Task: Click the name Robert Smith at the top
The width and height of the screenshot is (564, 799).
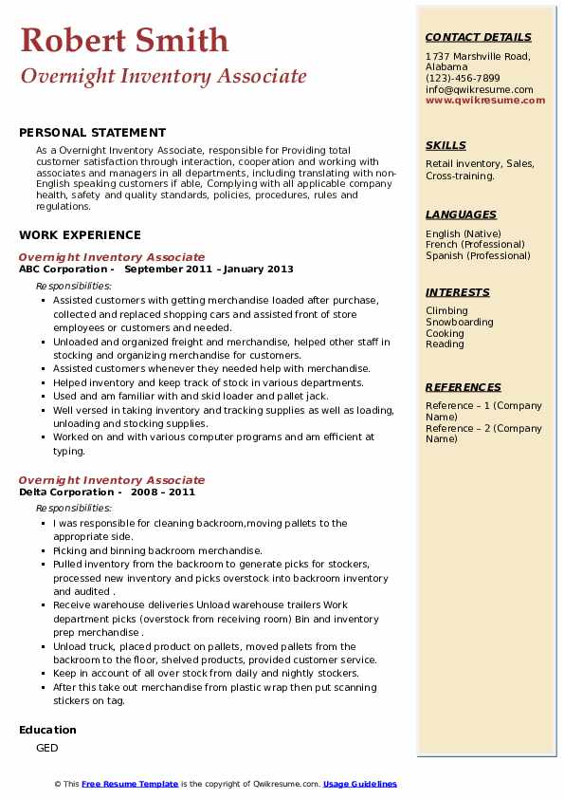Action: [124, 40]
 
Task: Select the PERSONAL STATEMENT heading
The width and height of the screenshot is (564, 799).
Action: [92, 133]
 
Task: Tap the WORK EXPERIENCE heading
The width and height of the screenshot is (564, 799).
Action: [80, 234]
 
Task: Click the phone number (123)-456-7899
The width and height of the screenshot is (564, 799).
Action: [463, 78]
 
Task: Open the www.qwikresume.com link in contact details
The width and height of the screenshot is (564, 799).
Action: [479, 100]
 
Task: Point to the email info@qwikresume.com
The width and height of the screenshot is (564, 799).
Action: [479, 89]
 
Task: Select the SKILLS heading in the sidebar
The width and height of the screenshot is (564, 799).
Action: [446, 145]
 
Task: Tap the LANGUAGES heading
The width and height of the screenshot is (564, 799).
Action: [461, 214]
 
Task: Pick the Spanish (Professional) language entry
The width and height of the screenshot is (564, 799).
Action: [479, 255]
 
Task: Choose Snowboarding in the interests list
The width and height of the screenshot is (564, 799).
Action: [459, 322]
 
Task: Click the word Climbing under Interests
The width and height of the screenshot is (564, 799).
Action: [446, 310]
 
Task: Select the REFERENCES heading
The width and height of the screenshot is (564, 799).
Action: [464, 387]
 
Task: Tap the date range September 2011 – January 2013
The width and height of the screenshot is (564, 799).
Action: [209, 269]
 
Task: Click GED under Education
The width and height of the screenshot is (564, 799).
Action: [47, 748]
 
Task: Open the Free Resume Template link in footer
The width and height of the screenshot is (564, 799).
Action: [130, 784]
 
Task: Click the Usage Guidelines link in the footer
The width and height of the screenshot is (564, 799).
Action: [360, 784]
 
